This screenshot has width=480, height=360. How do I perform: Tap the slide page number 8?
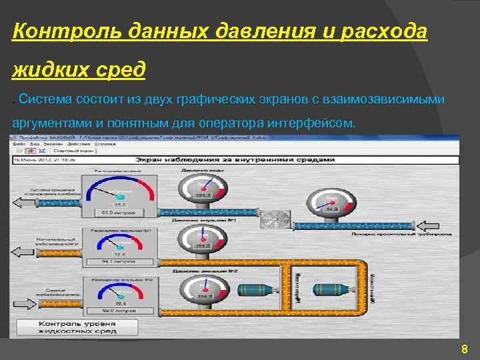pos(464,349)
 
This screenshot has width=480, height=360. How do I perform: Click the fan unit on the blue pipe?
pos(273,220)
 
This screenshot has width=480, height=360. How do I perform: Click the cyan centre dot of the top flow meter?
pos(120,197)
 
